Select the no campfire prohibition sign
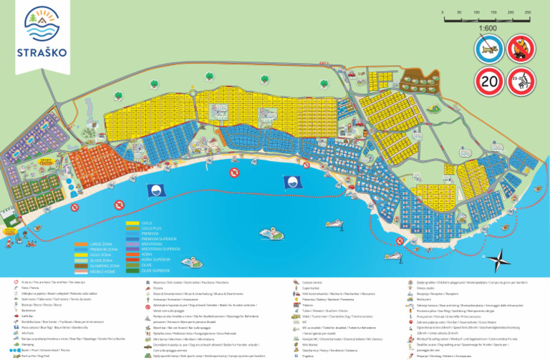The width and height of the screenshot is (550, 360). (x=521, y=49)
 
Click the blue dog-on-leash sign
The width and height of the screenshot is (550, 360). (x=489, y=49)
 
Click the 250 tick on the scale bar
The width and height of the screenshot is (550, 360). (x=528, y=12)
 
